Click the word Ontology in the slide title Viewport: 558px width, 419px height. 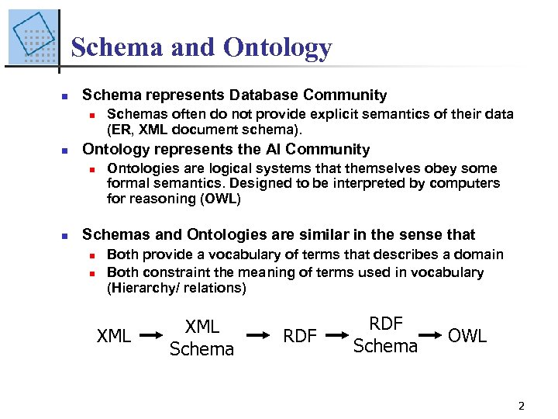[277, 48]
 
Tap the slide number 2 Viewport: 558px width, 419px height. [521, 405]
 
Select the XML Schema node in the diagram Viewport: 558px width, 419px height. [201, 338]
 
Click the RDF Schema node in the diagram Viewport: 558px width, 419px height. [385, 335]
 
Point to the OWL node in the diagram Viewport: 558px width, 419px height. [467, 336]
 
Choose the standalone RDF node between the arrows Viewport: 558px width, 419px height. [300, 336]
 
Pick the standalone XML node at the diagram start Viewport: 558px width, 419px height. [114, 336]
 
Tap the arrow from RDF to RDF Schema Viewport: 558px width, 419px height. [334, 335]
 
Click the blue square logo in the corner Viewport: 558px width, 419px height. [33, 37]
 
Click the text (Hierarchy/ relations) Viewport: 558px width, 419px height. [177, 288]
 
